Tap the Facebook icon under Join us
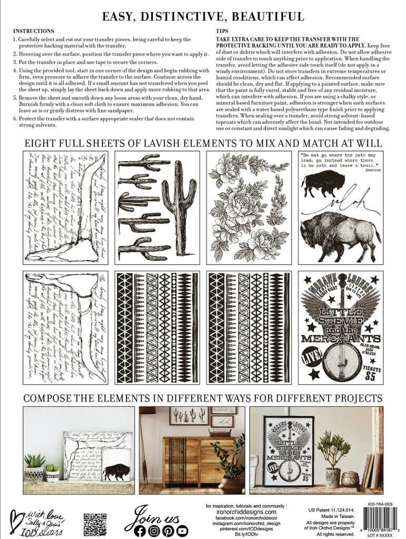coord(140,531)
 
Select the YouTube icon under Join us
coord(182,531)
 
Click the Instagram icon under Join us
coord(154,531)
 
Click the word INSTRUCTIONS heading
coord(33,31)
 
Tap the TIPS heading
coord(222,31)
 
